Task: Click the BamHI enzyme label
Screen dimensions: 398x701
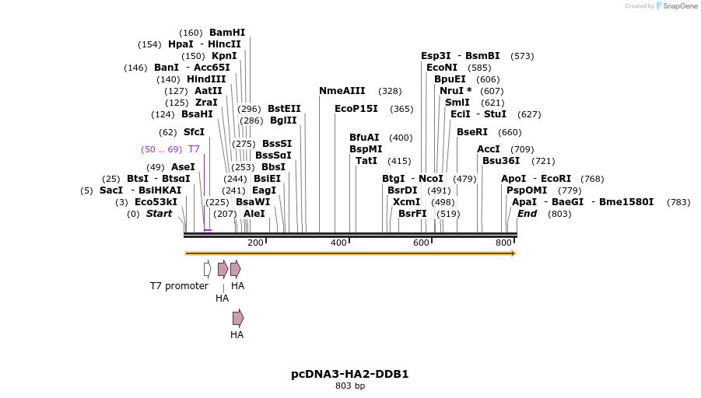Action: [226, 33]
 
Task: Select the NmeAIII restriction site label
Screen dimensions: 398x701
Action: [344, 91]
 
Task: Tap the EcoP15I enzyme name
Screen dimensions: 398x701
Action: [356, 109]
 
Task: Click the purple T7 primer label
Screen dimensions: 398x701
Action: [194, 149]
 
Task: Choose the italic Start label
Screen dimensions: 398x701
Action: [159, 214]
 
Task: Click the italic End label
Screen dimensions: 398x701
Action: [527, 214]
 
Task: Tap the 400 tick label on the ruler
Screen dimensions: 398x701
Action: [338, 243]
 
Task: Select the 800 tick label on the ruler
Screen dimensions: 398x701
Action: [503, 243]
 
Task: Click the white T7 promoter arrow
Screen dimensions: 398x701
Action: [207, 269]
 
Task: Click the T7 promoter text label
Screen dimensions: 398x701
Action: [179, 286]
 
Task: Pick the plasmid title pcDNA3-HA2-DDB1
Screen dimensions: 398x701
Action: [350, 374]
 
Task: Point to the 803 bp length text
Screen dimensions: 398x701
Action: [350, 386]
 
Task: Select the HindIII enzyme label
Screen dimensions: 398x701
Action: [206, 79]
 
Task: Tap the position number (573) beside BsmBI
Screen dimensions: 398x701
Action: [522, 56]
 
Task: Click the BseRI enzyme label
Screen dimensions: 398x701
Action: [472, 132]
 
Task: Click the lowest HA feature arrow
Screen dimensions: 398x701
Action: [238, 318]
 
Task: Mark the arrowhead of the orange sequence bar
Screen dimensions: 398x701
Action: [513, 253]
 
